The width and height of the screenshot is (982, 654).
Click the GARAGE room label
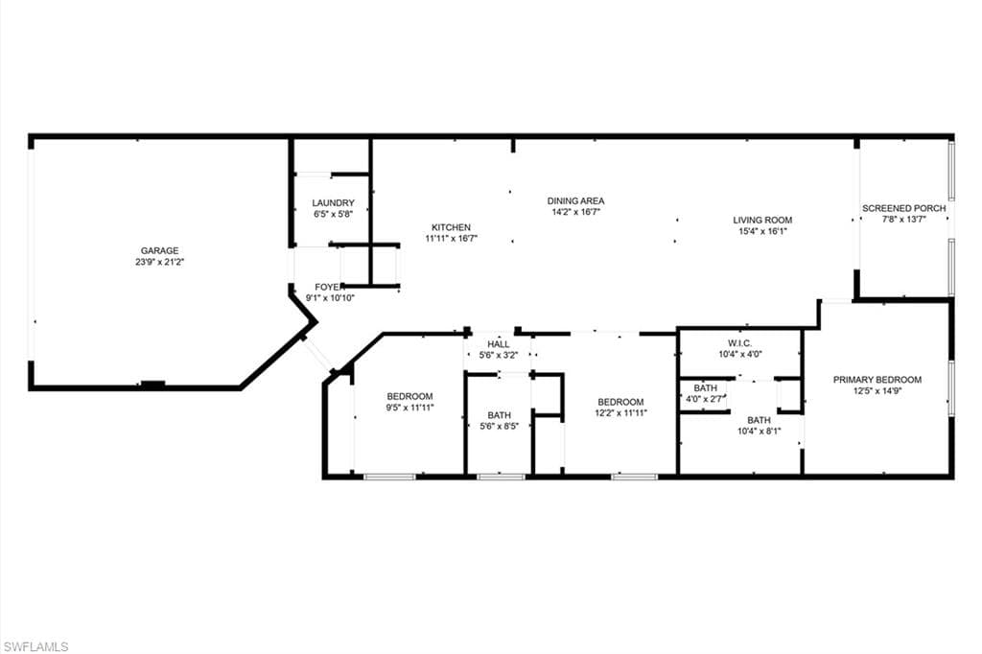point(160,251)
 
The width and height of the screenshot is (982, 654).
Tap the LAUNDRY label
point(333,203)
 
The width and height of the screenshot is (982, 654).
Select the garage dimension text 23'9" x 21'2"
point(160,262)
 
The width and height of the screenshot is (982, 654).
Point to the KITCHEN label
point(451,227)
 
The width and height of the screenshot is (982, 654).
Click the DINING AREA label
point(575,201)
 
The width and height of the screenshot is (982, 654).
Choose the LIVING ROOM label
point(762,221)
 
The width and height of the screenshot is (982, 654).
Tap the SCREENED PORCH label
point(903,208)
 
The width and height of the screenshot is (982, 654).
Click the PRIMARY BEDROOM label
point(877,380)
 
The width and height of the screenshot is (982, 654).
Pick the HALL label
point(498,344)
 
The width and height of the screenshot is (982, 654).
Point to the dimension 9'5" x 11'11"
point(409,408)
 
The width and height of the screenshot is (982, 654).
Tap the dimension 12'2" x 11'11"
point(620,413)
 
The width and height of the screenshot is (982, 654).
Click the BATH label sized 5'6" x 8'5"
point(499,415)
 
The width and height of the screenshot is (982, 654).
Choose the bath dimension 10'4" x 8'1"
point(759,431)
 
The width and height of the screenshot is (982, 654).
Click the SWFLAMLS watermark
point(35,646)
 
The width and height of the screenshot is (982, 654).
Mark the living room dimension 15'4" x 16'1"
point(762,231)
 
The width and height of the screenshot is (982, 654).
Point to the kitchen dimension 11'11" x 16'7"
point(451,238)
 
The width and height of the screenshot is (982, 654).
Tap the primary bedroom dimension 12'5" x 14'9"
point(877,390)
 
